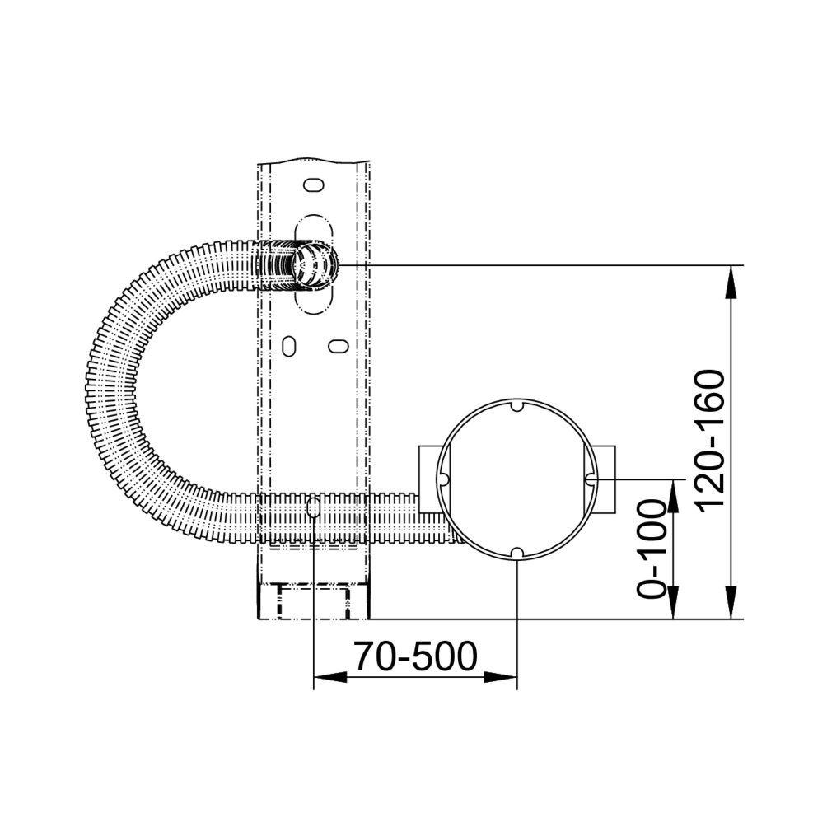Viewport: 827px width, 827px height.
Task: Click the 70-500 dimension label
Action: (415, 656)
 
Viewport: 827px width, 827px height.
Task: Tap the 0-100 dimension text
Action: (650, 549)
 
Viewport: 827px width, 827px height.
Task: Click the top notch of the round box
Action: (517, 405)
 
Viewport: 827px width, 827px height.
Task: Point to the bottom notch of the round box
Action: (517, 552)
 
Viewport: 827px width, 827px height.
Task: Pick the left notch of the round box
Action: (443, 479)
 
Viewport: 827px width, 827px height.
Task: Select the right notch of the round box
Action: (591, 479)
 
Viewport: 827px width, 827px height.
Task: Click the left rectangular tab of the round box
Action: (429, 479)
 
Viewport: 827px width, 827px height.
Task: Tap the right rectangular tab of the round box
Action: (605, 479)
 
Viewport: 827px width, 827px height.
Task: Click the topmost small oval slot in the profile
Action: (313, 185)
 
